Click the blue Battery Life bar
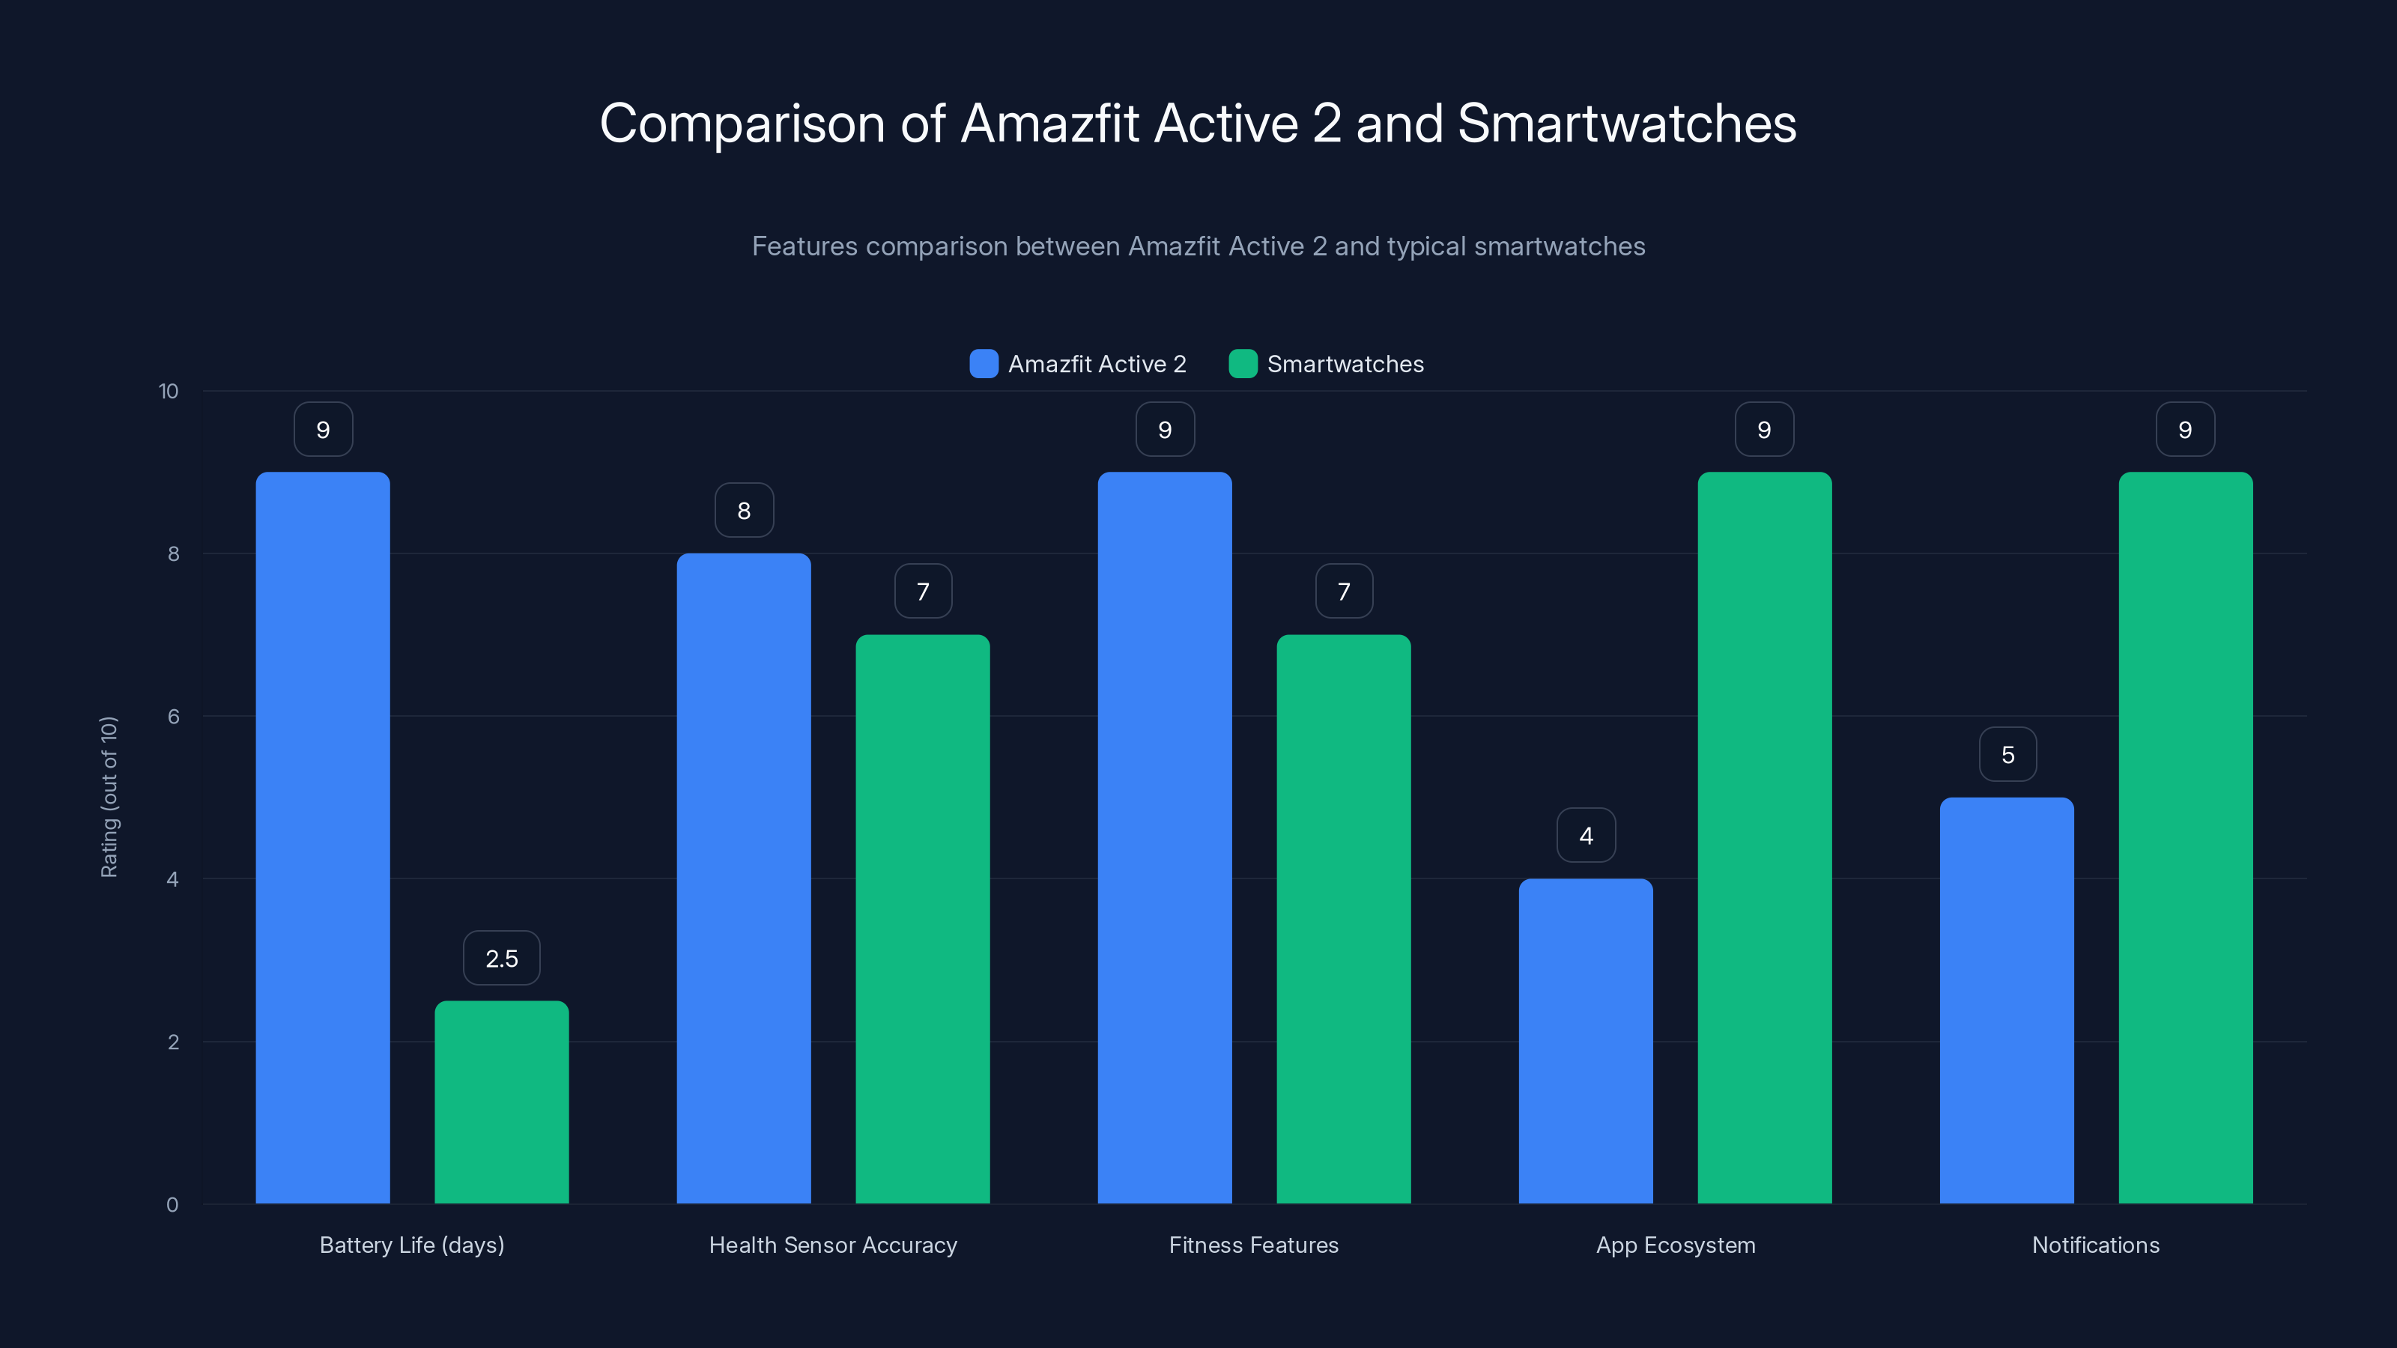(x=323, y=837)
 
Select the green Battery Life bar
(x=502, y=1102)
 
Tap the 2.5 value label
(x=502, y=959)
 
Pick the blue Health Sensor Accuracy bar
(x=744, y=878)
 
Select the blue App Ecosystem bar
(x=1586, y=1041)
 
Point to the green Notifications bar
(x=2185, y=837)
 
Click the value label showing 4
(x=1586, y=836)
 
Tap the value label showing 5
(x=2007, y=754)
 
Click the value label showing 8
(x=744, y=511)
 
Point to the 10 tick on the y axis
(x=169, y=391)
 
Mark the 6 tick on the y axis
(x=173, y=717)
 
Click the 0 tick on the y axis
(x=172, y=1205)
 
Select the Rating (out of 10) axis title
(x=109, y=798)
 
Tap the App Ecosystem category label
(x=1675, y=1245)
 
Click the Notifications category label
(x=2096, y=1245)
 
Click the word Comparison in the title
(x=742, y=124)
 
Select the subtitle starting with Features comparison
(x=1198, y=246)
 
